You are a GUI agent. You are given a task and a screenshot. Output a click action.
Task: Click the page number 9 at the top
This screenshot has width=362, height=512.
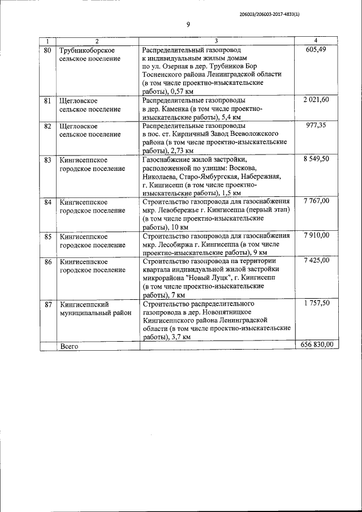pos(188,24)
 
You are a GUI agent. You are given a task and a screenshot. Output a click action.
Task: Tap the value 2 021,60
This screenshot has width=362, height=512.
pos(316,100)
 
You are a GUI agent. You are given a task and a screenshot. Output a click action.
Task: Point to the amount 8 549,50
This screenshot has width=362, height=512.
pos(316,160)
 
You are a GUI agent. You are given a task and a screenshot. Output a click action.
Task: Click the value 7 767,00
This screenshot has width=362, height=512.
pos(316,201)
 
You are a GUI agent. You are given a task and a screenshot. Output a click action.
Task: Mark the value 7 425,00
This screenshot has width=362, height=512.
pos(316,261)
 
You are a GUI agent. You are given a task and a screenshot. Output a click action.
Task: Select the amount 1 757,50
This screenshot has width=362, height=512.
pos(316,303)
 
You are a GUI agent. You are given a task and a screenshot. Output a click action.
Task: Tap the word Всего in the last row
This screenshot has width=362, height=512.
pos(68,345)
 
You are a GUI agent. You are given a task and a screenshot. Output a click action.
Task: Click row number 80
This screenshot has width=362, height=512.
pos(48,50)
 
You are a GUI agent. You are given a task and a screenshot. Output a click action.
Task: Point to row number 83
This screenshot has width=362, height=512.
pos(48,160)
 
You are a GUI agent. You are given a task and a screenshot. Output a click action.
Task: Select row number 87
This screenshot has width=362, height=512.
pos(48,304)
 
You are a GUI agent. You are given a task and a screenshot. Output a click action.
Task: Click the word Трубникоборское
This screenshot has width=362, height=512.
pos(87,50)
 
